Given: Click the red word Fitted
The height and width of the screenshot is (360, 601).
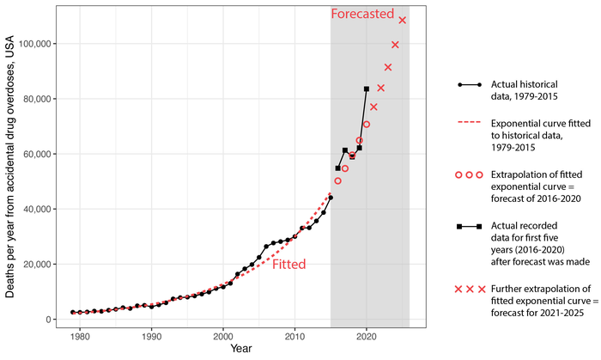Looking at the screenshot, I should [x=289, y=265].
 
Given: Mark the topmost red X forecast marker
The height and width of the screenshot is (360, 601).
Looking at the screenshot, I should [x=403, y=20].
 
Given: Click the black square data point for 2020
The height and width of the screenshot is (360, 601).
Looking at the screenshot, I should [x=367, y=88].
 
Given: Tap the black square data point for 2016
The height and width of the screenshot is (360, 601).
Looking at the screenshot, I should [x=337, y=168].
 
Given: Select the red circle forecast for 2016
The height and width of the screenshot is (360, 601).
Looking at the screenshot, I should [x=337, y=181].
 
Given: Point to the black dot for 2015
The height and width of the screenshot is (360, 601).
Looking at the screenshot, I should [x=331, y=198].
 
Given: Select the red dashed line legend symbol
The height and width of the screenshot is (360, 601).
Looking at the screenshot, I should [x=469, y=123].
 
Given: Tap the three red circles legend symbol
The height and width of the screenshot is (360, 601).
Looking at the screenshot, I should [x=469, y=175].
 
